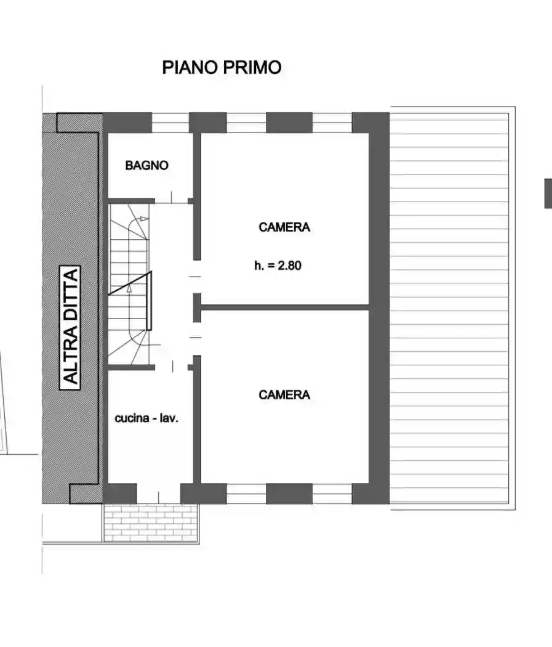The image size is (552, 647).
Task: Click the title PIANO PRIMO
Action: [222, 67]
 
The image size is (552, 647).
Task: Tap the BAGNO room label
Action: [146, 165]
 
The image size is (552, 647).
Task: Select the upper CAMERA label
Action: [284, 227]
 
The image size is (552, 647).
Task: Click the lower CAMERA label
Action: [284, 394]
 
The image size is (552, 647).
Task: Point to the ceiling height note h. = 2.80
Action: [278, 266]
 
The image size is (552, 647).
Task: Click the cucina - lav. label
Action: [146, 418]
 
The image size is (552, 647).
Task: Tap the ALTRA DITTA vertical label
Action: [71, 327]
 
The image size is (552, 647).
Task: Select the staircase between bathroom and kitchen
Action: [129, 283]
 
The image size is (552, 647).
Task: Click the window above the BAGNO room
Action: [170, 123]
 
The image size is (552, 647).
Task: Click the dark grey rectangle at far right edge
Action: [548, 193]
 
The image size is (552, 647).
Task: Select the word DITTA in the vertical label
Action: [71, 292]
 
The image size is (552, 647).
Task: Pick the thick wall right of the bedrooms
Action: [378, 308]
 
